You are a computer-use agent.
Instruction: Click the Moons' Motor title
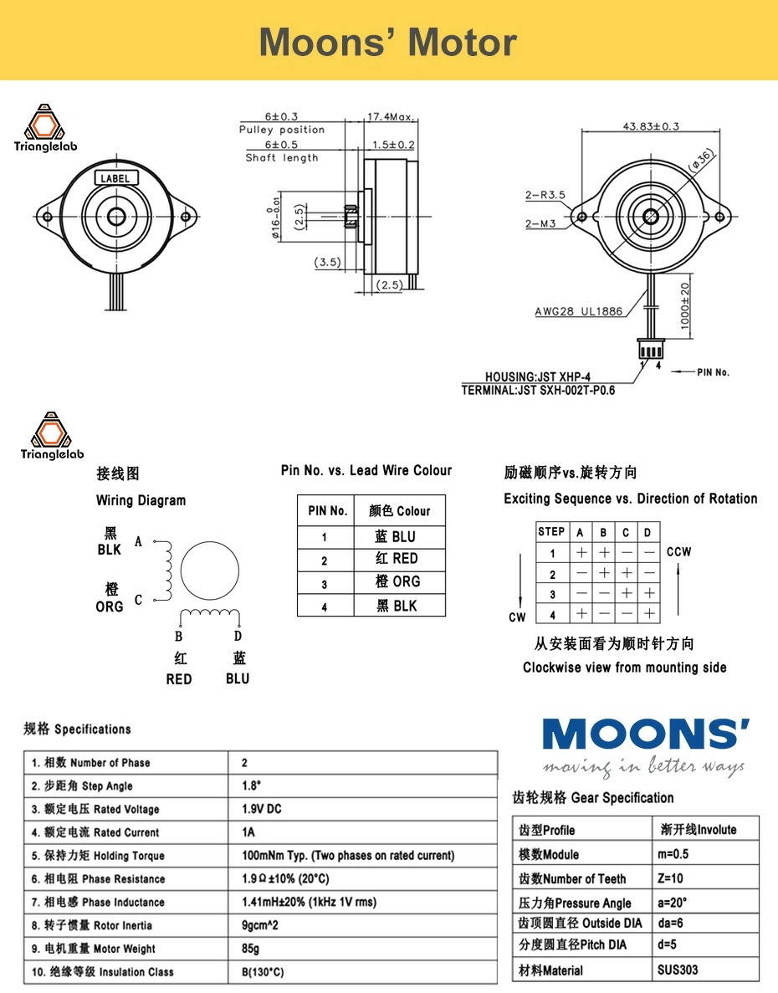(x=388, y=42)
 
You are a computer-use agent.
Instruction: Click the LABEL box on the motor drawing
(x=115, y=178)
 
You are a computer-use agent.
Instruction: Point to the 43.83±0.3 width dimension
(x=650, y=126)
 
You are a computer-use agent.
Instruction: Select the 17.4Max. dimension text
(x=392, y=117)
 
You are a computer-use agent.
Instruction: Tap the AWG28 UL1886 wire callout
(x=579, y=312)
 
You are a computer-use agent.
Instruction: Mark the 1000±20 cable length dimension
(x=684, y=306)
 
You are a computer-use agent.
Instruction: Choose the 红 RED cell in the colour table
(x=397, y=559)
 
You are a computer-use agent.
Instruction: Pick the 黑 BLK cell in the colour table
(x=397, y=606)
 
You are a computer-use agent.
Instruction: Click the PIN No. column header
(x=327, y=510)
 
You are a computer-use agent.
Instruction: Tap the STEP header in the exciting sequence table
(x=551, y=531)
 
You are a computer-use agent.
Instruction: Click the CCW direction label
(x=678, y=552)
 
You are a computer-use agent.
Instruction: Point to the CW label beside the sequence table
(x=517, y=617)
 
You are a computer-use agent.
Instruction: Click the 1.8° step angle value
(x=252, y=786)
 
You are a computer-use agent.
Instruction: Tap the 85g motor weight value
(x=250, y=949)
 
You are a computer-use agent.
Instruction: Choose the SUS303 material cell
(x=678, y=970)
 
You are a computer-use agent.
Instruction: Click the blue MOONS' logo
(x=645, y=735)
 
